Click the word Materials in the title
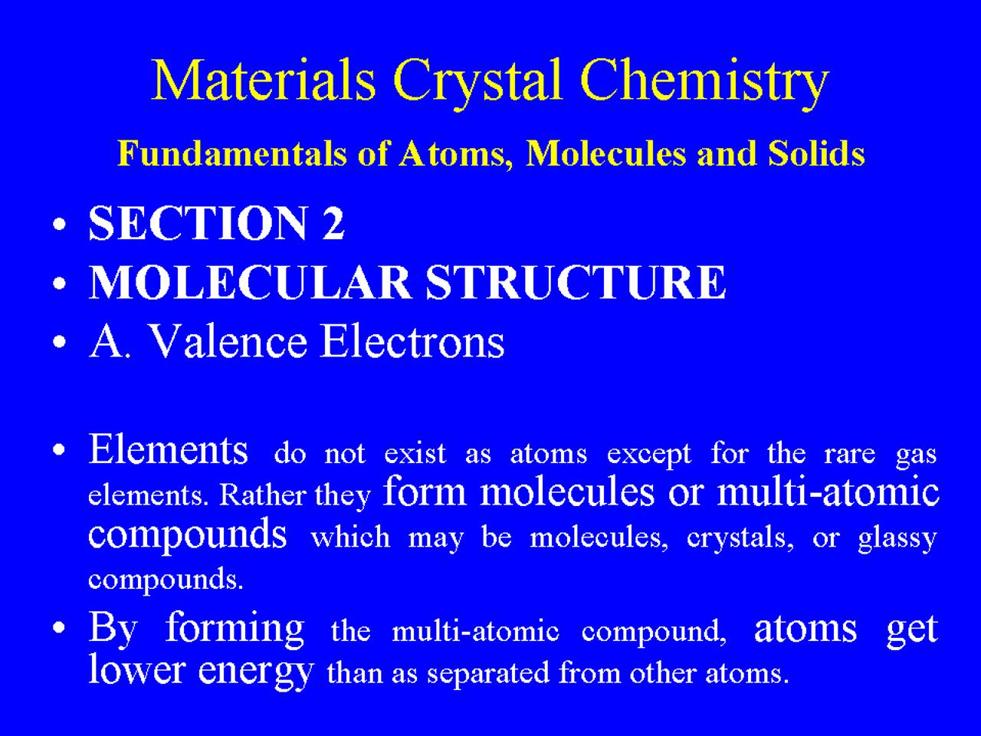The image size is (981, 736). coord(264,80)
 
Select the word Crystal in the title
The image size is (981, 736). coord(477,85)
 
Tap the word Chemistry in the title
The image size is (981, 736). coord(705,85)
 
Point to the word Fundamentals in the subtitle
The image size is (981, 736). coord(232,153)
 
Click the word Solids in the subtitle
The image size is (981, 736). coord(816,153)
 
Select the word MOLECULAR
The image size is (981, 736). coord(250,282)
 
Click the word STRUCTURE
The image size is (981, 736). coord(576,282)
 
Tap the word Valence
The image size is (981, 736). coord(228,342)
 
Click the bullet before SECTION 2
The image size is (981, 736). coord(59,224)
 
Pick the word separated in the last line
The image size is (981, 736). coord(488,673)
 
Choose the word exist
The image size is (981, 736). coord(415,453)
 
